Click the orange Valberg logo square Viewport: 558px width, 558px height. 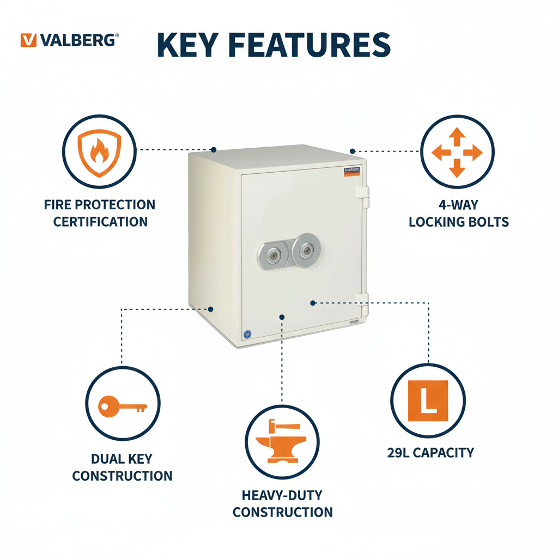coord(28,40)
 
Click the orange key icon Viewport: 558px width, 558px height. coord(123,406)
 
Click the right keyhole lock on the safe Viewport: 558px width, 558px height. coord(306,250)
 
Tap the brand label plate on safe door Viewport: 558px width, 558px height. coord(353,172)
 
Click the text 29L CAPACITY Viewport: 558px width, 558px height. coord(430,453)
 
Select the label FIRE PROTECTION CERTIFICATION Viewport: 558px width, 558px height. coord(100,213)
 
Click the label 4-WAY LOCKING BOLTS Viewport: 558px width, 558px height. coord(458,213)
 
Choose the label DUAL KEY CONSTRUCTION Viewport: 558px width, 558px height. coord(122,467)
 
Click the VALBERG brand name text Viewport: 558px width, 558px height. coord(78,40)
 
